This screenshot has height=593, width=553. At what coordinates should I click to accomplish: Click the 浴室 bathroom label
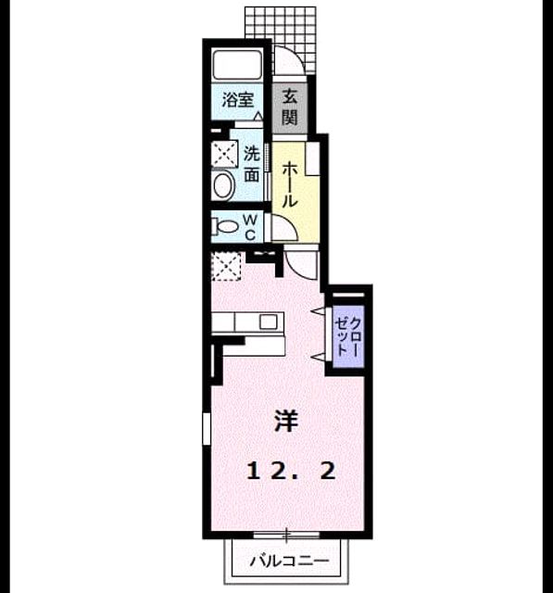[237, 100]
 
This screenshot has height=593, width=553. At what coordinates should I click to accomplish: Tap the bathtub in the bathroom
[237, 64]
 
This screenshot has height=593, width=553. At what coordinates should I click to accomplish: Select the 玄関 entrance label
[290, 107]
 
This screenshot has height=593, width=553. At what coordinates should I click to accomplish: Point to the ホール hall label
[290, 184]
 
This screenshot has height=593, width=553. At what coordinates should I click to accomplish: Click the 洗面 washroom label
[251, 164]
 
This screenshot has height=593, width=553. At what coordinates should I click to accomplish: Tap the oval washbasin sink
[223, 185]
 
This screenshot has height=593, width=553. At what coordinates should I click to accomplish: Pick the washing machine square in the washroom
[224, 154]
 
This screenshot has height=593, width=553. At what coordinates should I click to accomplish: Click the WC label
[250, 228]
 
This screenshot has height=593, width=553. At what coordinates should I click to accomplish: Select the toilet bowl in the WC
[226, 226]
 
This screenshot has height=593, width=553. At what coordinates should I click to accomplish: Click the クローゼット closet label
[348, 336]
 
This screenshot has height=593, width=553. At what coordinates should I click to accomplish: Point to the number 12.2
[291, 472]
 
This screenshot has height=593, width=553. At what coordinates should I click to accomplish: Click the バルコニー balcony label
[290, 560]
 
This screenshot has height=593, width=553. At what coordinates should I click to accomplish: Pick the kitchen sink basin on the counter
[269, 322]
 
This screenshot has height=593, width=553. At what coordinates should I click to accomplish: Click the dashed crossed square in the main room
[226, 267]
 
